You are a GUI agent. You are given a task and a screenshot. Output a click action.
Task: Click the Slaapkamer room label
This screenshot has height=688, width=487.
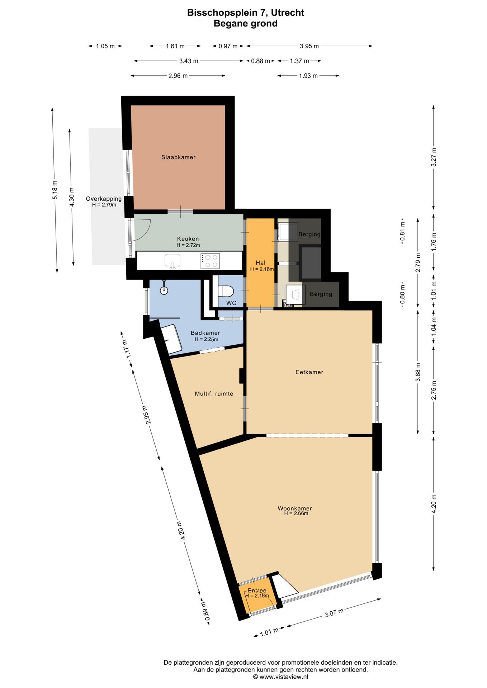pos(178,157)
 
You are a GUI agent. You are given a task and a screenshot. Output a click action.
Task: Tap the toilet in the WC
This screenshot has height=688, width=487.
pos(226,291)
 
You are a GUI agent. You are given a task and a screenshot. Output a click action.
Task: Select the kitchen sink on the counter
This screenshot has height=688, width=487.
pos(173,261)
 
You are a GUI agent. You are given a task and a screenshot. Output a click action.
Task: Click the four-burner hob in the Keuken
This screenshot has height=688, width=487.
pos(211,261)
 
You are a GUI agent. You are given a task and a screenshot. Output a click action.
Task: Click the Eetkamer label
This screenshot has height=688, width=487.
pos(309,372)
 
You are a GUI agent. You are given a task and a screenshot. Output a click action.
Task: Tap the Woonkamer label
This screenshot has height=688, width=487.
pos(295,508)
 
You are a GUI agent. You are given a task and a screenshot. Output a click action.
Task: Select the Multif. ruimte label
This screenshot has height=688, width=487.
pos(214,393)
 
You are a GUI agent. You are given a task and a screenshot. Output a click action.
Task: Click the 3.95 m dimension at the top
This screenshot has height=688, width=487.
pos(309,46)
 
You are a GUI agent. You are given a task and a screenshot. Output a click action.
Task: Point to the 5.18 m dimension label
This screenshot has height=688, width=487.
pos(55,190)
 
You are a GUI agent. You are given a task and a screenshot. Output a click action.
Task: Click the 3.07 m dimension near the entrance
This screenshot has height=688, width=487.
pos(334,613)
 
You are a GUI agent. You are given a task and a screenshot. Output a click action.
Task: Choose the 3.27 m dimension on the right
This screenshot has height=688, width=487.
pos(434,157)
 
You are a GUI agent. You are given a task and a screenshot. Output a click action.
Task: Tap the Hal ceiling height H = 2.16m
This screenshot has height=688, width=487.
pos(262,269)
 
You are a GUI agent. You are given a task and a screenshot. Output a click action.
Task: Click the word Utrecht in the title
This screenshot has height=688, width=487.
pos(288,13)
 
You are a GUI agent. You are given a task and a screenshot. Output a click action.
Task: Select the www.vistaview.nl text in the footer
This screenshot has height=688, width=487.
pos(284,677)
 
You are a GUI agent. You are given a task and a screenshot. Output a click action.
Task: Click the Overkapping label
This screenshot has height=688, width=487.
pos(104,199)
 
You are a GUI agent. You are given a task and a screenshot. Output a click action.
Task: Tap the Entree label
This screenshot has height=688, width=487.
pos(257,590)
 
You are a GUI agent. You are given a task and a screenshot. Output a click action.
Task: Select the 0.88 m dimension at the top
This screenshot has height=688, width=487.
pos(260,61)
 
